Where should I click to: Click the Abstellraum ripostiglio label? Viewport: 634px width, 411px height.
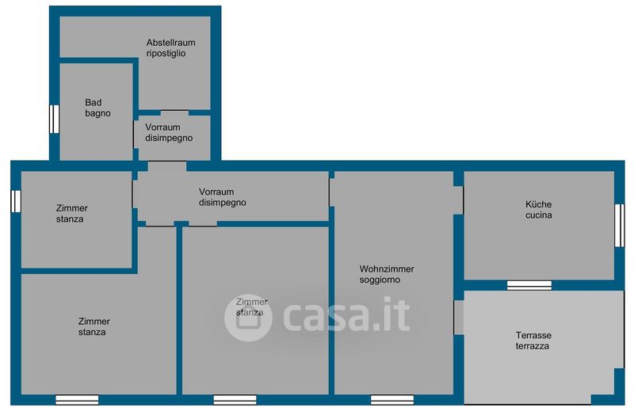[170, 48]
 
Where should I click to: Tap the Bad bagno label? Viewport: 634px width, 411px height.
[97, 108]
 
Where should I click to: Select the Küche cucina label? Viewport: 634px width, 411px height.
[539, 209]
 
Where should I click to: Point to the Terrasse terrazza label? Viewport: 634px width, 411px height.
[533, 341]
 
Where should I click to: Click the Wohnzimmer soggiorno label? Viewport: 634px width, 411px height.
[387, 274]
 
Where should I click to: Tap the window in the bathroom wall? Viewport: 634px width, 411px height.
[54, 119]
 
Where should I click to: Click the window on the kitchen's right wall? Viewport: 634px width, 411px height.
[620, 225]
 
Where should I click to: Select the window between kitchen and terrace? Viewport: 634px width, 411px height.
[529, 285]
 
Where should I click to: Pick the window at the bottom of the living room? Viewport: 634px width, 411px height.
[392, 400]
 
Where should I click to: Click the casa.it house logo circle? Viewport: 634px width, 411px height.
[248, 318]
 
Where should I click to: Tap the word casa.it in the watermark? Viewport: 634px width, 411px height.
[346, 314]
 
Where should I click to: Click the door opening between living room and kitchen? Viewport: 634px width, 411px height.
[458, 200]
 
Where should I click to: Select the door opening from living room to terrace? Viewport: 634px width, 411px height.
[459, 318]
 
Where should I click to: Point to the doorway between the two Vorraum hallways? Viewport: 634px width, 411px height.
[167, 166]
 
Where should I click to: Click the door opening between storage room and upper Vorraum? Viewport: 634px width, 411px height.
[174, 112]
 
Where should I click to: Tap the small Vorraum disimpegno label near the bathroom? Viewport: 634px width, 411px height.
[169, 132]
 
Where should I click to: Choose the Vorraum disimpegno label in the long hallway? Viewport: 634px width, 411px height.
[222, 197]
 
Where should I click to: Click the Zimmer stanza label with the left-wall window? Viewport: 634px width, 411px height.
[71, 213]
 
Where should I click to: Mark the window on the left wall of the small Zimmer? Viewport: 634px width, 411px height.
[16, 201]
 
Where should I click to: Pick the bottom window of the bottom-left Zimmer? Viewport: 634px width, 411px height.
[77, 400]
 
